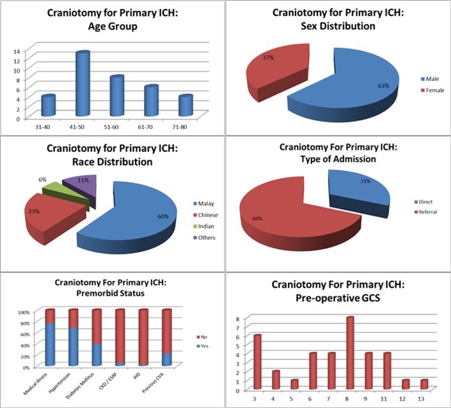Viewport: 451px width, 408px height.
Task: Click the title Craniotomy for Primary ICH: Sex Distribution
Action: point(338,19)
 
